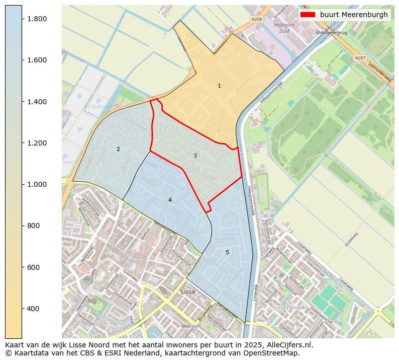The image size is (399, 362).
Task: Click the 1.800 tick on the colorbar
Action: (x=22, y=19)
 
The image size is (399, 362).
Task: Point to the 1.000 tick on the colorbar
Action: (x=22, y=184)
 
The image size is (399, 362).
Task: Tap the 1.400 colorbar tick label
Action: (x=36, y=102)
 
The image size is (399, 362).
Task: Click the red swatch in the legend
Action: (x=308, y=15)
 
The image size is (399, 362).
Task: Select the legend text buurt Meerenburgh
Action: (x=354, y=15)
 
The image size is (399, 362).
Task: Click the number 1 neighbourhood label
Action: (x=219, y=86)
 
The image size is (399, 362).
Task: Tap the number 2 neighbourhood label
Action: (x=118, y=149)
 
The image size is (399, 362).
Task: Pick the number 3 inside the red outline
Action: (x=195, y=156)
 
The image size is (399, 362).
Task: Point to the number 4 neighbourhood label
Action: (x=170, y=200)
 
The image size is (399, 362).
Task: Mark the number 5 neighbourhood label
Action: (x=227, y=252)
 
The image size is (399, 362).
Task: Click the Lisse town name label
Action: (x=188, y=292)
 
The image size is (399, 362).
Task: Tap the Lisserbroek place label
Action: (x=288, y=307)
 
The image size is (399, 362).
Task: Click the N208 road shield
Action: (x=256, y=19)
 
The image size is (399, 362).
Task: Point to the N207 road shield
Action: (x=360, y=58)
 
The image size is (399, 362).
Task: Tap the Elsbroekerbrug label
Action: (x=331, y=33)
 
